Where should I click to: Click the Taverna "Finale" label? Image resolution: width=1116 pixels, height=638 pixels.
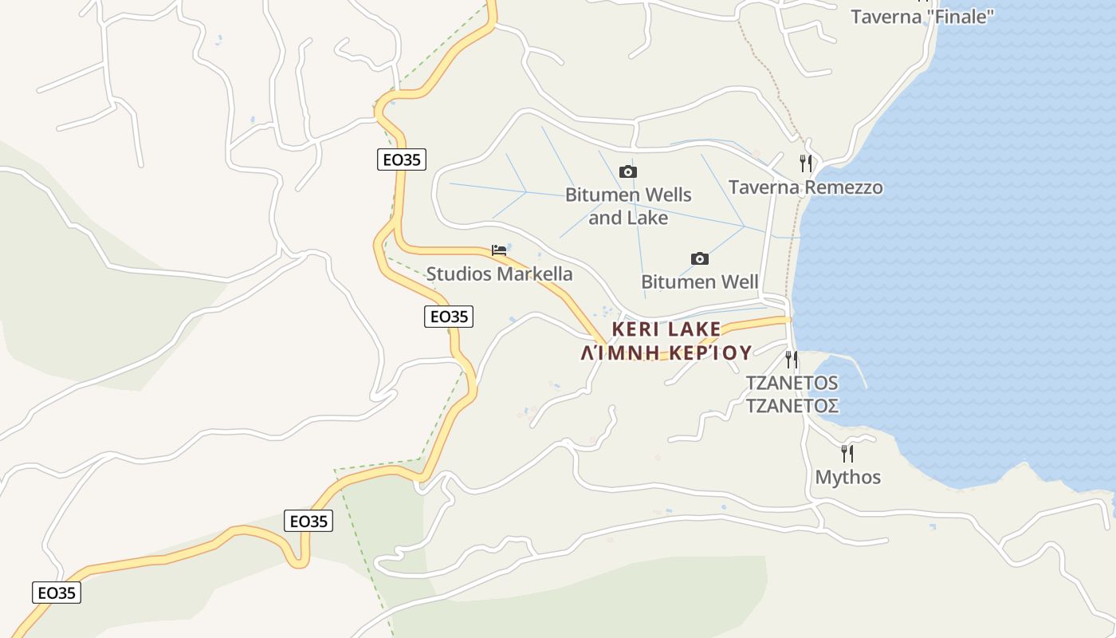(922, 17)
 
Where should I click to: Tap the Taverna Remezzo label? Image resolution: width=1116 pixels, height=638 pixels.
(805, 187)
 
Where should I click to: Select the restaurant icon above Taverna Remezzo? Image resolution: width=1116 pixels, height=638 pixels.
(806, 163)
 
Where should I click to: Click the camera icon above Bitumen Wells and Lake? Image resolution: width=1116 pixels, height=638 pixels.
(628, 171)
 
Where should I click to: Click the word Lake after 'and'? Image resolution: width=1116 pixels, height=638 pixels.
(647, 218)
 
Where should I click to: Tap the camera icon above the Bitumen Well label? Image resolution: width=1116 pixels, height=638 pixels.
(699, 258)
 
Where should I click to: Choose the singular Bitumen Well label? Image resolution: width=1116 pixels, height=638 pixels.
(699, 282)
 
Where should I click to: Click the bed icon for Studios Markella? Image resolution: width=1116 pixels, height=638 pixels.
(499, 250)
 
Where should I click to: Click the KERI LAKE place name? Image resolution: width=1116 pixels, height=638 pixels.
(666, 329)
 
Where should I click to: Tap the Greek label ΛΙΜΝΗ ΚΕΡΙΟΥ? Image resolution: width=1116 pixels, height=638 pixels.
(666, 352)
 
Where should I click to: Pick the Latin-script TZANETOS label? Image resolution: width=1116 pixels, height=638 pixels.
(792, 383)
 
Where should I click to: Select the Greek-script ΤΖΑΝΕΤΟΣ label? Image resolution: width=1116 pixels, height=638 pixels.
(792, 406)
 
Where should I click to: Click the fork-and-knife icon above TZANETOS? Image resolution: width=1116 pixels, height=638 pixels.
(791, 359)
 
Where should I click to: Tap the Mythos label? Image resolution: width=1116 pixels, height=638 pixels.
(847, 477)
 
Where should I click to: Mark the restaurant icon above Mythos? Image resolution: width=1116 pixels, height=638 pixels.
(847, 454)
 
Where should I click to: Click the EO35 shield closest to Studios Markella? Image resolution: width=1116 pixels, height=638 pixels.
(448, 317)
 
